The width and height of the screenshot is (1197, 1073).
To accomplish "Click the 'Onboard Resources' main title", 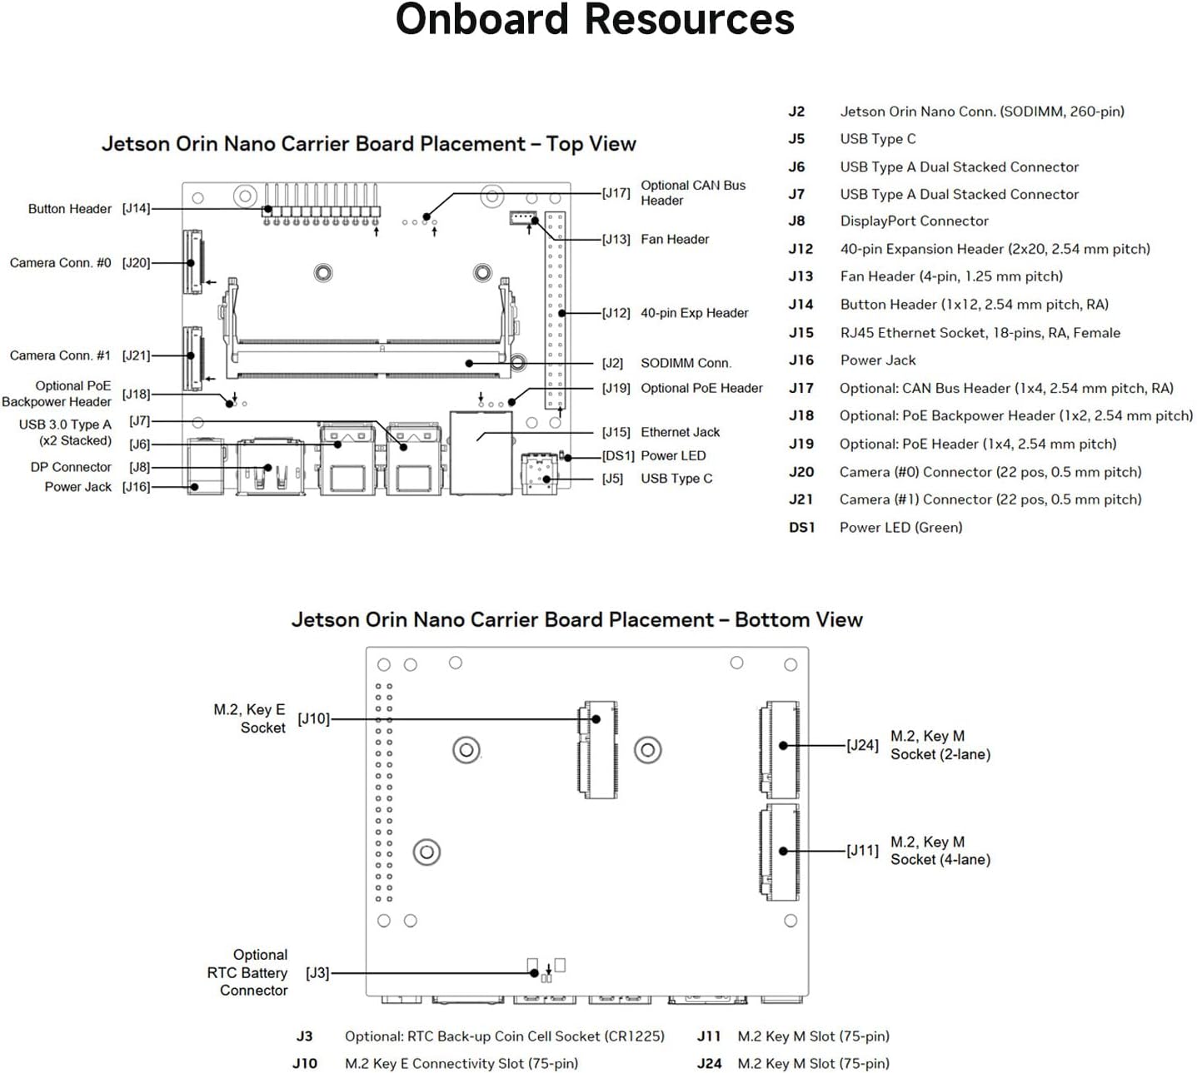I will point(595,20).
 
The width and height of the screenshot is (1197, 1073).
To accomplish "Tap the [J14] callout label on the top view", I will point(136,209).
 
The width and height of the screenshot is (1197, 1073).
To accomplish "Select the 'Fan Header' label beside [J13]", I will point(675,240).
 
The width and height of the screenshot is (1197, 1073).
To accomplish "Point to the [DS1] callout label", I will point(618,456).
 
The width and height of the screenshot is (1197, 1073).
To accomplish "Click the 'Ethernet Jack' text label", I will point(680,432).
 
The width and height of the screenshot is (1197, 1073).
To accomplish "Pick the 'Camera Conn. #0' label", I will point(60,263).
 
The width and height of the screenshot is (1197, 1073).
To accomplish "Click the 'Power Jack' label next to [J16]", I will point(77,487).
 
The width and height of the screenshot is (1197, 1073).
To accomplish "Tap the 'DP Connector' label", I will point(71,467).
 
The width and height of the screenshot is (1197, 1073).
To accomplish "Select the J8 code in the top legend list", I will point(796,221).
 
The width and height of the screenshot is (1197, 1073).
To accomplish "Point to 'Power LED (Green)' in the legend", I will point(900,528).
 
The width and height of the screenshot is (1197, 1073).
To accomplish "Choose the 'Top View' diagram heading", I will point(368,144).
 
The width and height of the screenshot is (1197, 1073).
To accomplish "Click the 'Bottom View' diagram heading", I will point(576,620).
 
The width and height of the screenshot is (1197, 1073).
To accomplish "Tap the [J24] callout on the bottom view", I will point(862,745).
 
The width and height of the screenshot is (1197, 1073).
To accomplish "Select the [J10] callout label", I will point(314,719).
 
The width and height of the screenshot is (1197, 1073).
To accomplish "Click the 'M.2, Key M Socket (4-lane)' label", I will point(940,851).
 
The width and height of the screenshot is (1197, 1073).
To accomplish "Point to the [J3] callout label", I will point(317,972).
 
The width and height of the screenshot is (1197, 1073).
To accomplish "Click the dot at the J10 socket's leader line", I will point(596,719).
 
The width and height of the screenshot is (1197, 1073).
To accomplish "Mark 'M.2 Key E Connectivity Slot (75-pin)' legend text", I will point(461,1064).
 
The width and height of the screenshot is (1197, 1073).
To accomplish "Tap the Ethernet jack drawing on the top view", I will point(481,453).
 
